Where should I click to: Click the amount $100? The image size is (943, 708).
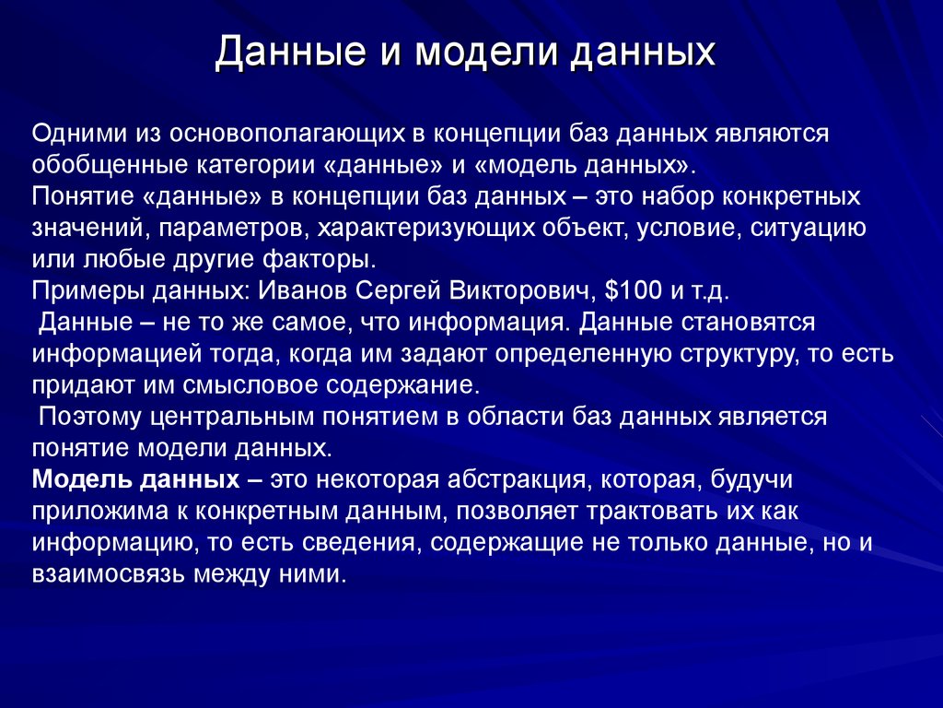point(633,291)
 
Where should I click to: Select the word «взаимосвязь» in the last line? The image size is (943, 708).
point(107,574)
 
